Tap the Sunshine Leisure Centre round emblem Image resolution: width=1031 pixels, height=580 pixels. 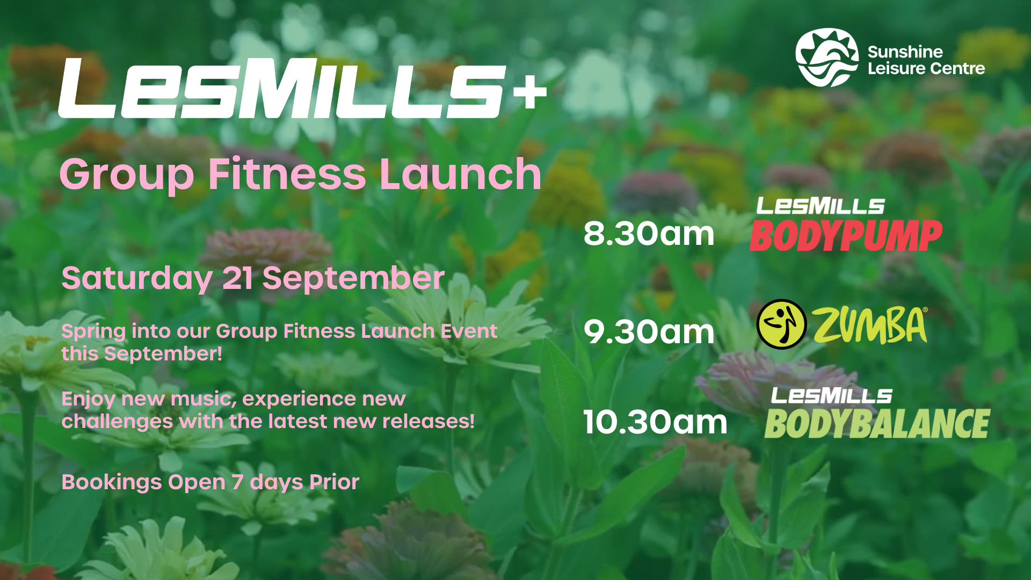tap(827, 57)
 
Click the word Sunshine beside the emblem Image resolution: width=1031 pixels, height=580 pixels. tap(905, 52)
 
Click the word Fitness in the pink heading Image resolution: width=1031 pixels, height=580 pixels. tap(287, 174)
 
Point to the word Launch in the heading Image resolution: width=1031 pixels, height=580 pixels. tap(460, 174)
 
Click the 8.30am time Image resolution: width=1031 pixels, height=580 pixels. tap(649, 234)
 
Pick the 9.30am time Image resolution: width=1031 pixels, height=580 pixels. tap(649, 332)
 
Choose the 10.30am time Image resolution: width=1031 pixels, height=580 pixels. tap(655, 422)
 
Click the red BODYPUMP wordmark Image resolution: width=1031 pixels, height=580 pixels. tap(846, 236)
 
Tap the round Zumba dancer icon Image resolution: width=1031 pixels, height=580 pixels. tap(781, 324)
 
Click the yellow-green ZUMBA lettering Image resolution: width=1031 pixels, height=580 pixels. tap(870, 325)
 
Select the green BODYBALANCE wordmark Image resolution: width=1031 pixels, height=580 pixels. tap(877, 424)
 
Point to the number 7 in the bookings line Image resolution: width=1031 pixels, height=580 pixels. tap(237, 482)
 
